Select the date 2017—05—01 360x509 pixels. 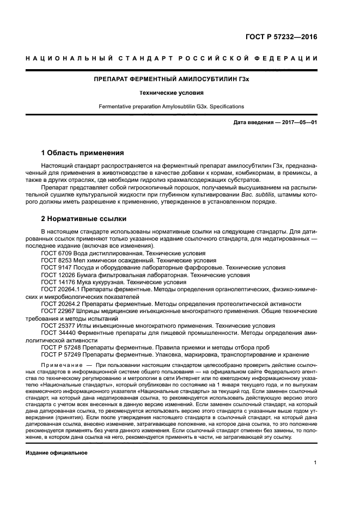coord(299,122)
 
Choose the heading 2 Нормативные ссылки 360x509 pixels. coord(84,219)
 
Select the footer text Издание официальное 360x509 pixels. coord(57,453)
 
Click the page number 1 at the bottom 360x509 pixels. coord(315,463)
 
